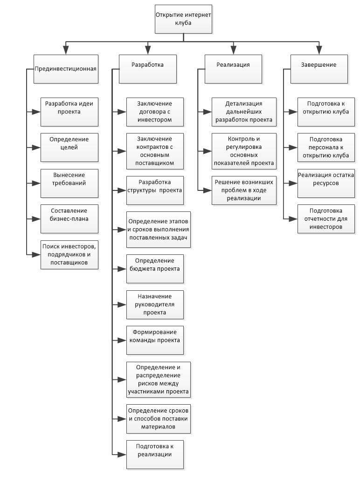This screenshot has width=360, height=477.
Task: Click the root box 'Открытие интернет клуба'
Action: click(183, 19)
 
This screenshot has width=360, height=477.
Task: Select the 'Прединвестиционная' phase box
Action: click(66, 69)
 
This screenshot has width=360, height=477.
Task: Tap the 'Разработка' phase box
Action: click(147, 69)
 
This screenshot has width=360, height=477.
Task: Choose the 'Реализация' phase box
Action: click(233, 69)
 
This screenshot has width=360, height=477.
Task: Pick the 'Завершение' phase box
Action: click(319, 69)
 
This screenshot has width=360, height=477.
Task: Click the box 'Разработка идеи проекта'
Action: click(69, 112)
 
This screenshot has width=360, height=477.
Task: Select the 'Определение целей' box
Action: click(69, 147)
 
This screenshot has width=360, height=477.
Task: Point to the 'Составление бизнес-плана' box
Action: click(69, 219)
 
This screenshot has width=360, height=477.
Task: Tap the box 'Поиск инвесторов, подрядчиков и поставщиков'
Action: click(69, 255)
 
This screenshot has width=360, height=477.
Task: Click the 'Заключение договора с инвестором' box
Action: click(155, 112)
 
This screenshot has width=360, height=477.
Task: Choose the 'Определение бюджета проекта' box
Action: click(155, 269)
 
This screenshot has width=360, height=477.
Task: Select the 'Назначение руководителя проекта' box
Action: click(155, 304)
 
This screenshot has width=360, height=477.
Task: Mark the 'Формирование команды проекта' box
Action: click(155, 340)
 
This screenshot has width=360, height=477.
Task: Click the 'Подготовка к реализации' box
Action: click(155, 455)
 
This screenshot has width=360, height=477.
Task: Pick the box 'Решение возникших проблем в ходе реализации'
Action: click(244, 190)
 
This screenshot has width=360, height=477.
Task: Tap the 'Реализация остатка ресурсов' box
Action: click(326, 183)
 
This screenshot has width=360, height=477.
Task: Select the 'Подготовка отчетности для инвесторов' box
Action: click(326, 219)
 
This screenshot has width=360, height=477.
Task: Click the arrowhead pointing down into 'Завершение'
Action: click(319, 50)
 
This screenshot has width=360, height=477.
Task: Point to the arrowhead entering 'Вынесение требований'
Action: click(36, 183)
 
